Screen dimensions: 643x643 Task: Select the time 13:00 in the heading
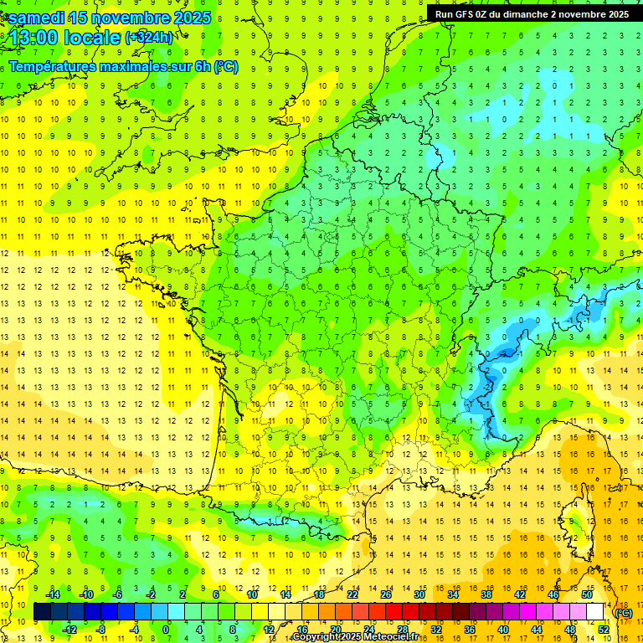pyautogui.click(x=39, y=38)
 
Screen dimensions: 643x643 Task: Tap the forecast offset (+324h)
pyautogui.click(x=149, y=38)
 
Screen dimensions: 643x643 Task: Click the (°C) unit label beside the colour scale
pyautogui.click(x=623, y=613)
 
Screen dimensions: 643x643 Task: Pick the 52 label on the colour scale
pyautogui.click(x=604, y=630)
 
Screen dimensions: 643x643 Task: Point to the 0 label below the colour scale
pyautogui.click(x=166, y=630)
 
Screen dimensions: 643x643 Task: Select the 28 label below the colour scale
pyautogui.click(x=403, y=630)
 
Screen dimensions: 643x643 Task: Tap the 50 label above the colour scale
pyautogui.click(x=587, y=594)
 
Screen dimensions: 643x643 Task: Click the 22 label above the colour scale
pyautogui.click(x=352, y=594)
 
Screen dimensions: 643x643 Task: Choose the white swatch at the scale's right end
pyautogui.click(x=595, y=612)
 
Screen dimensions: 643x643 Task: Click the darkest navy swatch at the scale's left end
pyautogui.click(x=43, y=612)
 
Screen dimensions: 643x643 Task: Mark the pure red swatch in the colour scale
pyautogui.click(x=394, y=612)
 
